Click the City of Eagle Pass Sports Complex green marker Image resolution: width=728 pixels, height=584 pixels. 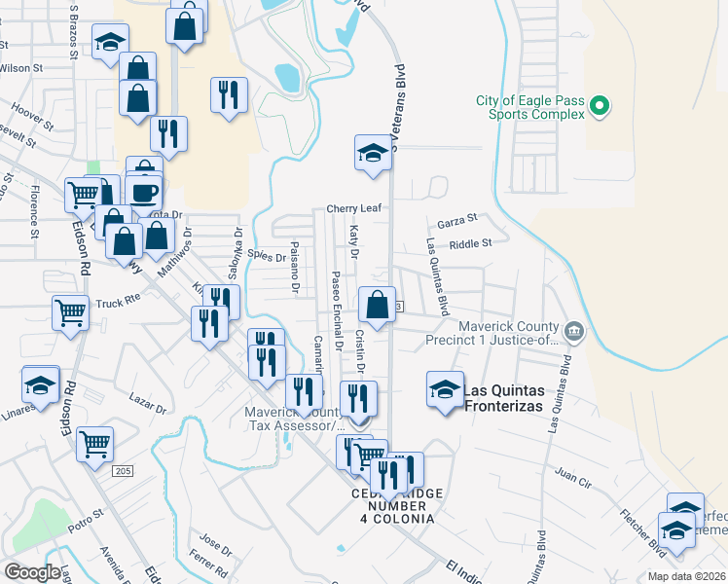[x=600, y=105]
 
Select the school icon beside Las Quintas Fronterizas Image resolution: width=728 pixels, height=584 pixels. [x=445, y=389]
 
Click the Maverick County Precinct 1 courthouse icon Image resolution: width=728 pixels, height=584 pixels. [x=574, y=333]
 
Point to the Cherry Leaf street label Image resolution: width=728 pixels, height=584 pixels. [x=352, y=208]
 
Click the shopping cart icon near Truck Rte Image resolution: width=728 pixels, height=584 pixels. [x=71, y=313]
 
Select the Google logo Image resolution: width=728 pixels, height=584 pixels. [x=32, y=572]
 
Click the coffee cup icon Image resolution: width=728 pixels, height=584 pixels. [x=144, y=191]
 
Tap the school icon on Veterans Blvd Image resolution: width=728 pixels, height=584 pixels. [x=372, y=153]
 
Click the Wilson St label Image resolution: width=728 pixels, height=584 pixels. [x=21, y=68]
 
